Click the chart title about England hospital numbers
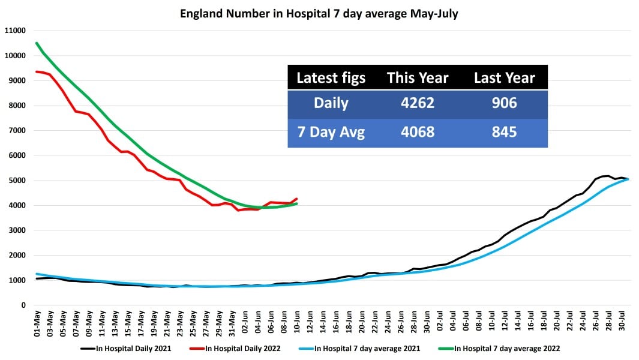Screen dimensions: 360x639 pyautogui.click(x=319, y=14)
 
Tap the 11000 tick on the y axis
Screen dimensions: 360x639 pyautogui.click(x=16, y=31)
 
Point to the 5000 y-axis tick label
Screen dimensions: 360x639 pyautogui.click(x=17, y=181)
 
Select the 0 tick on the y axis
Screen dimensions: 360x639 pyautogui.click(x=23, y=305)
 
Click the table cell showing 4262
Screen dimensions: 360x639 pyautogui.click(x=417, y=103)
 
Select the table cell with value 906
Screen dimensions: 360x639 pyautogui.click(x=504, y=103)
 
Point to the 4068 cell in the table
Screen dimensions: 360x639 pyautogui.click(x=417, y=132)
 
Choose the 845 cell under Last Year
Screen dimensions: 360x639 pyautogui.click(x=504, y=132)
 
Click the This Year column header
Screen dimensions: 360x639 pyautogui.click(x=417, y=78)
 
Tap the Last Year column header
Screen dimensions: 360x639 pyautogui.click(x=504, y=78)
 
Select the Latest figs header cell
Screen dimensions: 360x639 pyautogui.click(x=331, y=78)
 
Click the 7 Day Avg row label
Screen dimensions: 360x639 pyautogui.click(x=331, y=132)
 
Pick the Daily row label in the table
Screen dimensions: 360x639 pyautogui.click(x=331, y=103)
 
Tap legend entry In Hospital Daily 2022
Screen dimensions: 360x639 pyautogui.click(x=245, y=348)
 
